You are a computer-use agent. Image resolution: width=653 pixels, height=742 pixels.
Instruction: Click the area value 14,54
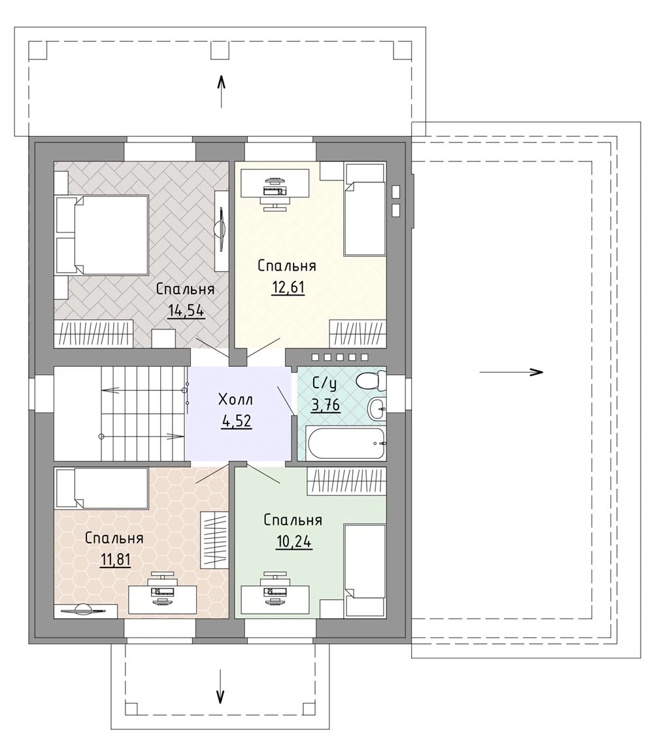point(186,311)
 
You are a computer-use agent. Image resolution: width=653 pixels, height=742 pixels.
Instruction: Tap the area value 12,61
point(288,287)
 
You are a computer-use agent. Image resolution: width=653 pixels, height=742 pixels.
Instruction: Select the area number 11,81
point(115,560)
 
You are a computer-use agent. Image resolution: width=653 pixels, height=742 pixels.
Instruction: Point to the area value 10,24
point(294,541)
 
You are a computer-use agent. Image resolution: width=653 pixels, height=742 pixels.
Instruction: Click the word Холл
point(236,400)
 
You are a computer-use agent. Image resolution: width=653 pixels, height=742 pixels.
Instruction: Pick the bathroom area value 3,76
point(326,405)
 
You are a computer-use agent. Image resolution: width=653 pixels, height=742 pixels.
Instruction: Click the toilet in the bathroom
point(371,380)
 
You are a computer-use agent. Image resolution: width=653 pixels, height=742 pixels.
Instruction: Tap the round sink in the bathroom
point(377,408)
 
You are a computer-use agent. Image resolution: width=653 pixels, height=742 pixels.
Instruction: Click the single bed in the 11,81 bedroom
point(101,488)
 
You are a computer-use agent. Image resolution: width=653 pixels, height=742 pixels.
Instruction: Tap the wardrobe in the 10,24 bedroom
point(346,481)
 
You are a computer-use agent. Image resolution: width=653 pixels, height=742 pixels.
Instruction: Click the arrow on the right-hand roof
point(512,372)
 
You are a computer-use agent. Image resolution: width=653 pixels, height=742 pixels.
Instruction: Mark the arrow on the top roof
point(221,91)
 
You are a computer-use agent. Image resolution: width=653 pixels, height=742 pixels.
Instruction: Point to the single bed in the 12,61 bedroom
point(365,210)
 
